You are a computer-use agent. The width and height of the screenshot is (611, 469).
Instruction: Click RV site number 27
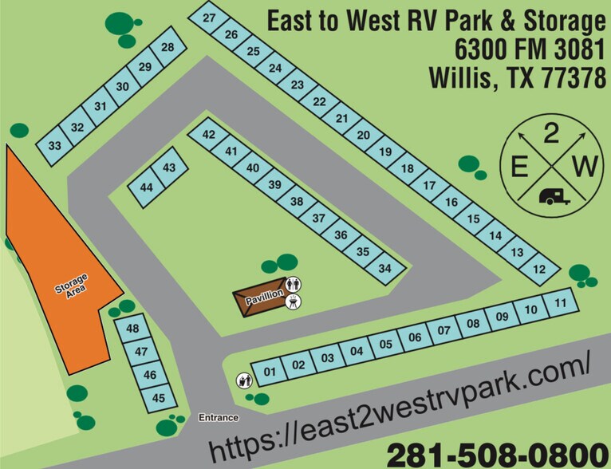209,18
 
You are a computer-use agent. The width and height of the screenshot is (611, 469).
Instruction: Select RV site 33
54,146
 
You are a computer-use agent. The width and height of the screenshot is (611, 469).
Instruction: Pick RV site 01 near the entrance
270,372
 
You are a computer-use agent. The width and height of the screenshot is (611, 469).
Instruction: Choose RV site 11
561,303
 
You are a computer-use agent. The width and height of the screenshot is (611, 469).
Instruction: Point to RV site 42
209,135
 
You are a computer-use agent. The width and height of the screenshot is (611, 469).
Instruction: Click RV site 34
385,268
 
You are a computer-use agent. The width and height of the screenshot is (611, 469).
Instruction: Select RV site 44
146,187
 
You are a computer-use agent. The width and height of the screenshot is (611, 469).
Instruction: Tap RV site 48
132,329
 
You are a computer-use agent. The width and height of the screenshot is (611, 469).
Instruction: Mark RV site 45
159,398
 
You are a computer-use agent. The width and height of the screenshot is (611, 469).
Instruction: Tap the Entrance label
219,417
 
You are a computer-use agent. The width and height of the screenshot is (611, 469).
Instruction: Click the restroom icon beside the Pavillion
293,284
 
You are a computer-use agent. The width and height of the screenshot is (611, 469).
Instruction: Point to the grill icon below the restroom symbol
293,301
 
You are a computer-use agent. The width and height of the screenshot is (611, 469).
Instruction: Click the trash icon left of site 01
242,381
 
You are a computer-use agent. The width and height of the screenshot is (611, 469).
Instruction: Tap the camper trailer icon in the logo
554,196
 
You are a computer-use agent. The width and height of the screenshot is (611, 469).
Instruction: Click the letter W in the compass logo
585,167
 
